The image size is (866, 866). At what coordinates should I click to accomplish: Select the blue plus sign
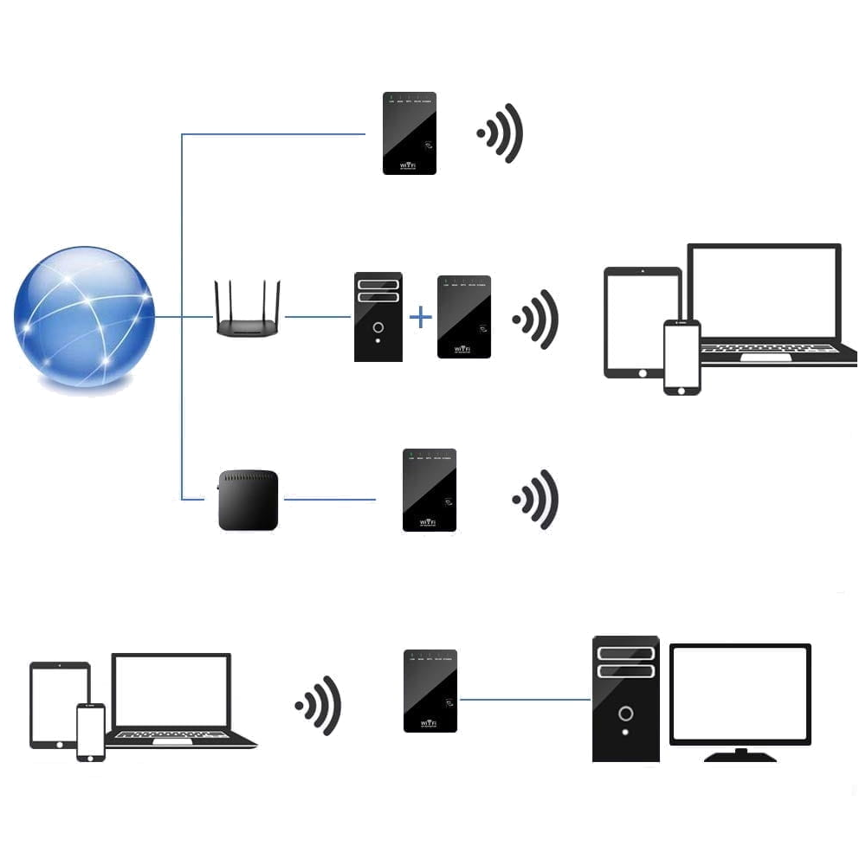point(420,317)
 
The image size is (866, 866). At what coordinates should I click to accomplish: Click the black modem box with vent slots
point(248,500)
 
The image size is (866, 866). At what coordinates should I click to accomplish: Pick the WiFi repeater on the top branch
point(410,133)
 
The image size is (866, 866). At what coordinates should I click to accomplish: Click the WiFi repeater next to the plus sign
point(464,317)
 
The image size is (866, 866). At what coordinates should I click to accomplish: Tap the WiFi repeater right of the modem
point(430,490)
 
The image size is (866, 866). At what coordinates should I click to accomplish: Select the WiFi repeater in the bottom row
point(430,690)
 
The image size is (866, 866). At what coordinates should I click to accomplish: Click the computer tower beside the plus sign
point(378,317)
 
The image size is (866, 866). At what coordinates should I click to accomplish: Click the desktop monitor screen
point(740,694)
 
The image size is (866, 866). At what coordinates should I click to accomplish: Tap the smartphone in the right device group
point(682,357)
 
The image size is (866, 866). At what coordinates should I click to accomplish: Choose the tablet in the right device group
point(637,320)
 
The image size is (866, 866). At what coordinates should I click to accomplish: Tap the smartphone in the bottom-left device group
point(91,732)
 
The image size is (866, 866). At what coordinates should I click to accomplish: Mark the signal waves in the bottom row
point(320,706)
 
